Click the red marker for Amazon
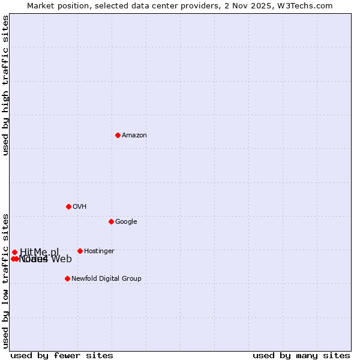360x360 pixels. [118, 135]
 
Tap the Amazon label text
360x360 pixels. [134, 136]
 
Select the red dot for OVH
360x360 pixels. [68, 206]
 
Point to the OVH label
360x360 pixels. [80, 207]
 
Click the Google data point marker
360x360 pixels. [111, 221]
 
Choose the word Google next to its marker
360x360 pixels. [126, 222]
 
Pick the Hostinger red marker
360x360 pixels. [80, 251]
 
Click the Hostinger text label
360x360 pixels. [99, 251]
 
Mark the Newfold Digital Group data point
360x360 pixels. [67, 278]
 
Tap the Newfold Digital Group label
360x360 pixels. [106, 279]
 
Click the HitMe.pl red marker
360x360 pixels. [14, 252]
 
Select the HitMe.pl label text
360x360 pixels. [40, 252]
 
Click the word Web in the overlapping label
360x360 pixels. [61, 259]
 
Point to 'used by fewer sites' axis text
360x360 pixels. [62, 355]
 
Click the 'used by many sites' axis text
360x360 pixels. [301, 355]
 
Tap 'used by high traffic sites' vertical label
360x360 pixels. [5, 85]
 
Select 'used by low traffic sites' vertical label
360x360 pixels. [5, 280]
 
